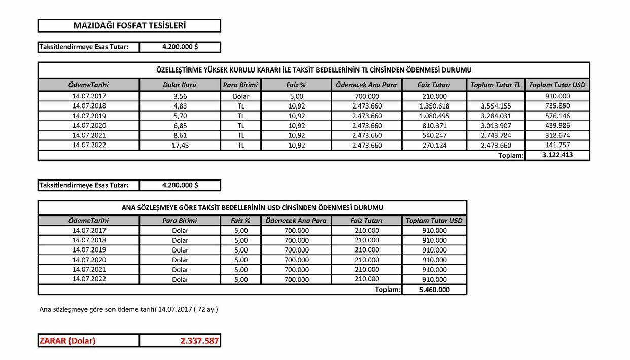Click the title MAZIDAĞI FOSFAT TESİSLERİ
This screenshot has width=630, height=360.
[129, 25]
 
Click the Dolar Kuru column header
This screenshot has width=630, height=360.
[180, 85]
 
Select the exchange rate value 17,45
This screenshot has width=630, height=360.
[180, 145]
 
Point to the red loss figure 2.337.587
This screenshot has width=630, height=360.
[199, 341]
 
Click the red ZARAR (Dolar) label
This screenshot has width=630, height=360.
[67, 341]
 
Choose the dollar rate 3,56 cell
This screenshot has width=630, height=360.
[180, 96]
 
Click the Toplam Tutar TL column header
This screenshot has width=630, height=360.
[496, 85]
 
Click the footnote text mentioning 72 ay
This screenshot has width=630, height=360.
[129, 309]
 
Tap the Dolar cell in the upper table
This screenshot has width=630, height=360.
[240, 96]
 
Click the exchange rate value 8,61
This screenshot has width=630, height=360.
[180, 135]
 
